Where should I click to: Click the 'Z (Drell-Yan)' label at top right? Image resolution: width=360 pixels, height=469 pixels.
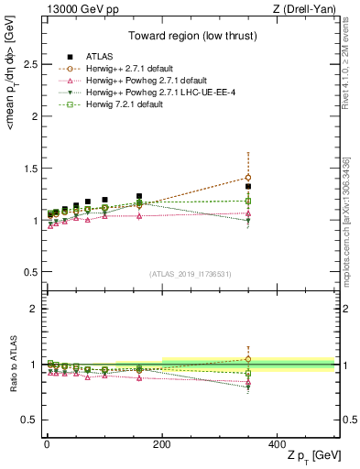(309, 9)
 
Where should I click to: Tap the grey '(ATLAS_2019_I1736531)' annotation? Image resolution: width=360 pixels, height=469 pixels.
(191, 274)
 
